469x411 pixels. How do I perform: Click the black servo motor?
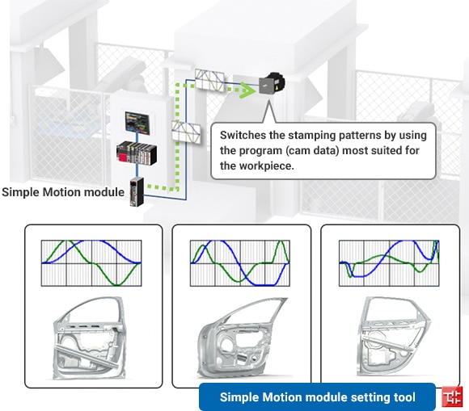(272, 84)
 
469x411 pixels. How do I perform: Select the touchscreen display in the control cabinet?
(137, 123)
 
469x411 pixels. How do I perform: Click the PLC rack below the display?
(137, 153)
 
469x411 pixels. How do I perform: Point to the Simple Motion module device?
(137, 191)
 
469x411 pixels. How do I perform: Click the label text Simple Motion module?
(63, 192)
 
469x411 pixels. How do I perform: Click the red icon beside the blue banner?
(452, 396)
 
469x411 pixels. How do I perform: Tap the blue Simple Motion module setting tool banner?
(317, 397)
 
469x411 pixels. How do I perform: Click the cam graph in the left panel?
(91, 263)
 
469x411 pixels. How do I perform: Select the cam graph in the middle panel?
(240, 263)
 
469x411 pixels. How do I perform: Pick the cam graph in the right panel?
(389, 263)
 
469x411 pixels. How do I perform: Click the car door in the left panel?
(90, 339)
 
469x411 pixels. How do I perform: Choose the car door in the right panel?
(395, 337)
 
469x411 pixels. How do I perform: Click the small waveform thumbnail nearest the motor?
(209, 80)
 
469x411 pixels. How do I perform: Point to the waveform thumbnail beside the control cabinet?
(186, 132)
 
